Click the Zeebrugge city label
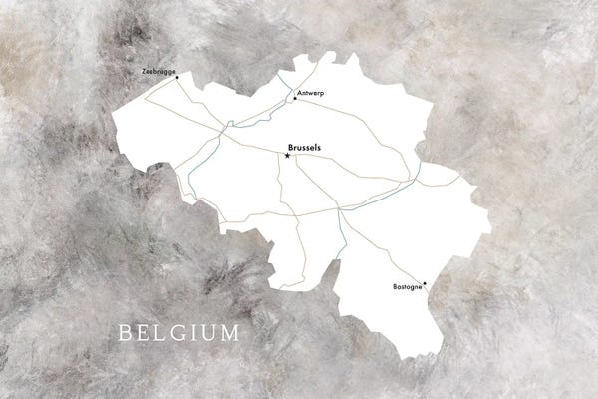click(x=157, y=73)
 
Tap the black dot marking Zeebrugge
click(x=178, y=80)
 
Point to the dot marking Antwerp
click(x=295, y=98)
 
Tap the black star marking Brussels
click(x=288, y=155)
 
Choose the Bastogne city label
click(x=407, y=288)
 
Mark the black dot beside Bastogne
click(x=426, y=283)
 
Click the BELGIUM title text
click(x=178, y=332)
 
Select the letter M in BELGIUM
click(x=229, y=332)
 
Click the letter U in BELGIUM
click(x=208, y=332)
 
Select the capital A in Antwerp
click(x=299, y=93)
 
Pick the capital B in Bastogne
click(x=392, y=288)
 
